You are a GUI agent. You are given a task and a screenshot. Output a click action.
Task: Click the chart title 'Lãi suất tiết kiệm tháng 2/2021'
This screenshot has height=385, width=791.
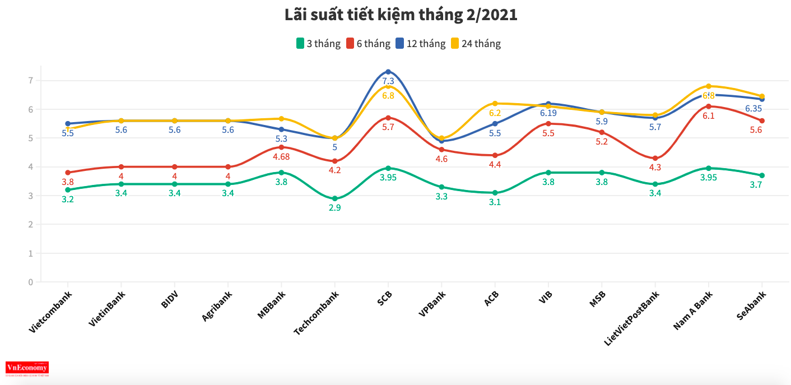click(x=401, y=16)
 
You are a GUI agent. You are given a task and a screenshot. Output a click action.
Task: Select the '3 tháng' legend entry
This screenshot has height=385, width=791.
click(x=318, y=44)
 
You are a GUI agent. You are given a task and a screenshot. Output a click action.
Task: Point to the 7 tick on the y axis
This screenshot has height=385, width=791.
click(x=31, y=81)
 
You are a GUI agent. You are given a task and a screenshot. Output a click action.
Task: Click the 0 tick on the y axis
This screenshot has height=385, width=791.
click(x=31, y=282)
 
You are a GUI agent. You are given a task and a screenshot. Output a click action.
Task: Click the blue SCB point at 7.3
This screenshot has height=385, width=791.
click(x=388, y=72)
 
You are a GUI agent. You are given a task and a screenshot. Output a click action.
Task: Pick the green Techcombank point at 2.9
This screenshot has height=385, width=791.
click(x=335, y=198)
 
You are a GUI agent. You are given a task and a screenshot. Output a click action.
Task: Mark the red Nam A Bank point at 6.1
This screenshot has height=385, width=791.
click(x=709, y=106)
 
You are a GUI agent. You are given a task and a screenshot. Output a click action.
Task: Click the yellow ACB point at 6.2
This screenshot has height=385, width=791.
click(x=495, y=104)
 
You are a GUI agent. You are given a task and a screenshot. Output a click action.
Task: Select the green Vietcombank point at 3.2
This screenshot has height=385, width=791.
click(x=68, y=190)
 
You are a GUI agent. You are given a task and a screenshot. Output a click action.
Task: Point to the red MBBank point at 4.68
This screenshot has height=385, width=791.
click(x=281, y=147)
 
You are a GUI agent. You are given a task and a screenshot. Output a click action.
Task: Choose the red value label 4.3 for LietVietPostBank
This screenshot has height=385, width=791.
click(x=655, y=167)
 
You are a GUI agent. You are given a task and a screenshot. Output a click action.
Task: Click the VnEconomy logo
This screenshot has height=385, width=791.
click(x=27, y=368)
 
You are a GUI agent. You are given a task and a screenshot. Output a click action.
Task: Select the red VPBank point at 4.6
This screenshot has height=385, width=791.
click(x=441, y=150)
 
